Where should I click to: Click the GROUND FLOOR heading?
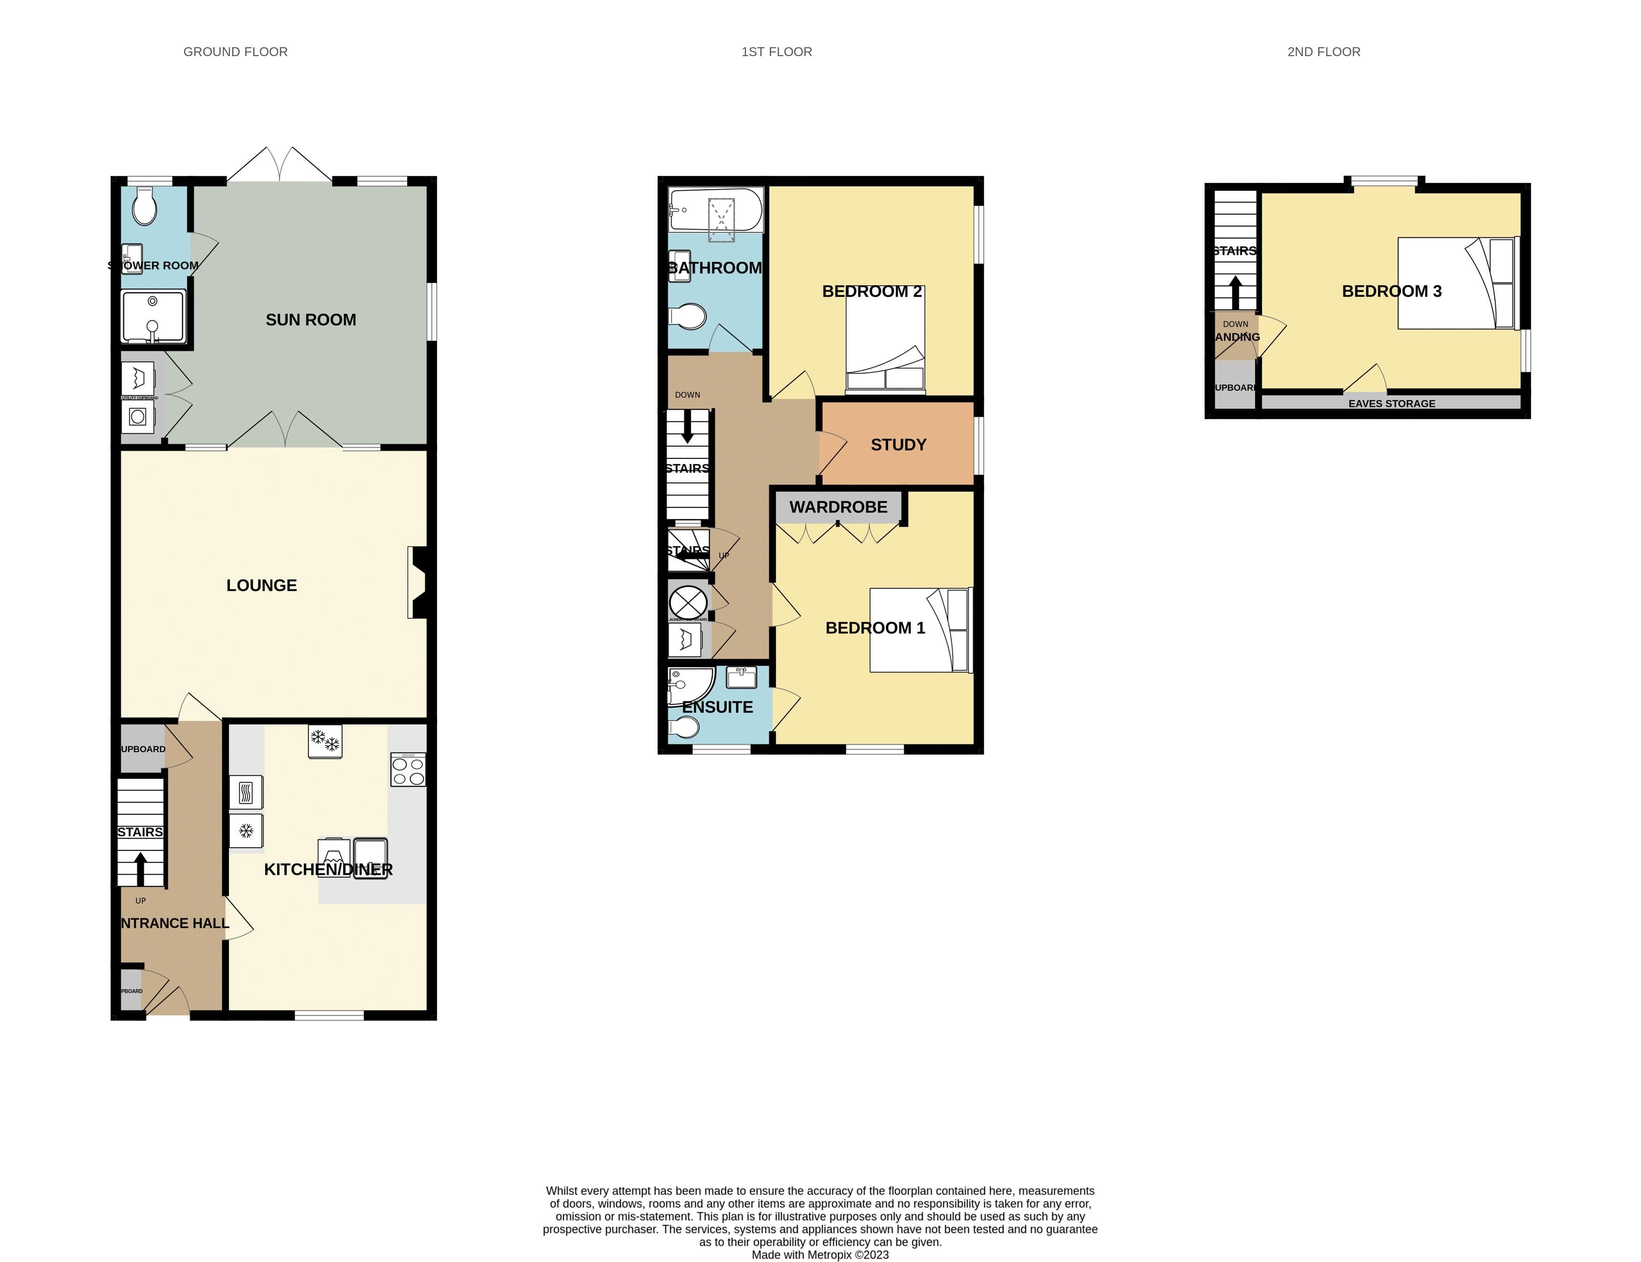coord(235,52)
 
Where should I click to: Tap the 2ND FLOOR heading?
coord(1323,52)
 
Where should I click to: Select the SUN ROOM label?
coord(310,320)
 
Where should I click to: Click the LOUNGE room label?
coord(262,585)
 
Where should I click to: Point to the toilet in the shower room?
coord(144,207)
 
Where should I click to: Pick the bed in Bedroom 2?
coord(885,340)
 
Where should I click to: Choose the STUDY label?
coord(898,445)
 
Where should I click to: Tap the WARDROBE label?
coord(838,507)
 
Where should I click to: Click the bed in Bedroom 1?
coord(919,630)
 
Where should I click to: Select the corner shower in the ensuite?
coord(687,686)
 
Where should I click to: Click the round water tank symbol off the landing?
coord(687,602)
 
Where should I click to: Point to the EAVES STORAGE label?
coord(1392,403)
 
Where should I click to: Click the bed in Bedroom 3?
coord(1458,283)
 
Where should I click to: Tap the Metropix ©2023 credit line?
coord(820,1255)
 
